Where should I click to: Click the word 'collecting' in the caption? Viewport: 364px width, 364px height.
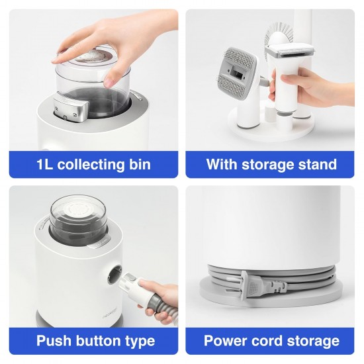click(x=91, y=164)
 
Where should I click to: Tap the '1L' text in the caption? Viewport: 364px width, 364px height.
click(x=45, y=164)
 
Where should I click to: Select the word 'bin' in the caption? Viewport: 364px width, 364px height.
click(x=140, y=164)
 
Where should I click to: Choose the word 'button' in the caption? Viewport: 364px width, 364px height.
click(x=99, y=341)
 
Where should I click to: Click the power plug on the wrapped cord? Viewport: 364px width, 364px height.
click(x=262, y=285)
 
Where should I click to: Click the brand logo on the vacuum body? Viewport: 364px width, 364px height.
click(x=110, y=310)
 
